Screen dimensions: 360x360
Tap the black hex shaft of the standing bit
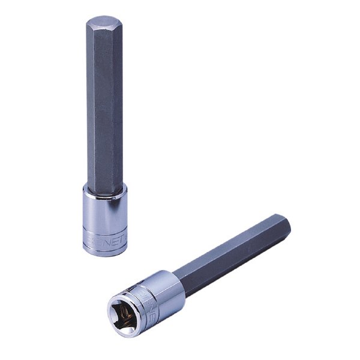click(x=103, y=108)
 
